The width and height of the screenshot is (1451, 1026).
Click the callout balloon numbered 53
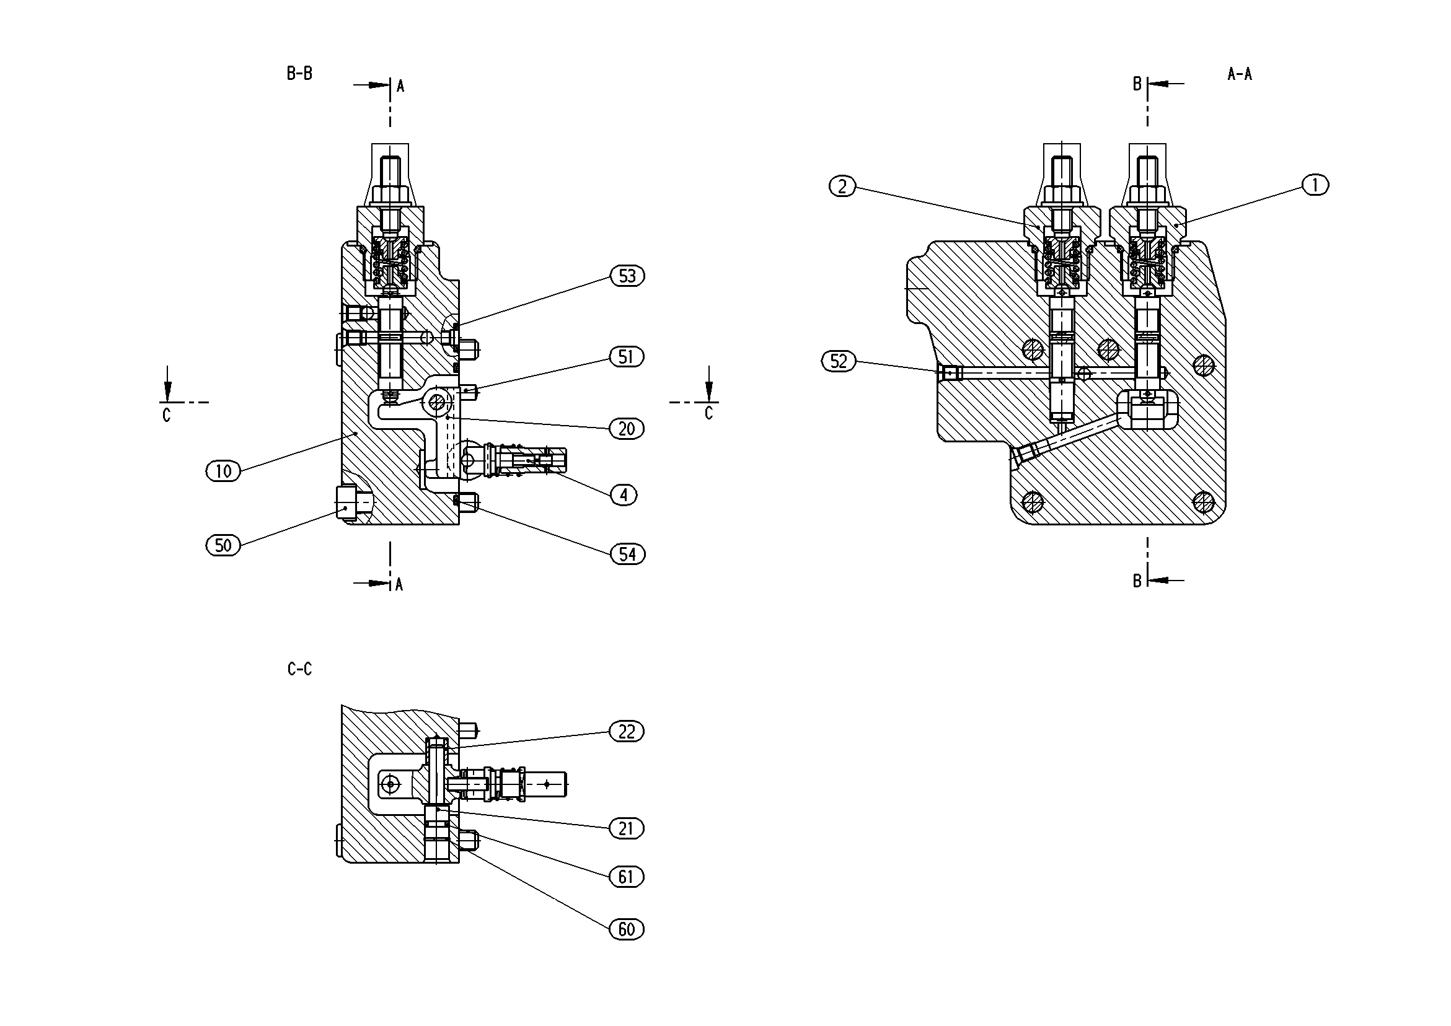pyautogui.click(x=627, y=276)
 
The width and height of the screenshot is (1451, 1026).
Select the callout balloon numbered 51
pyautogui.click(x=626, y=357)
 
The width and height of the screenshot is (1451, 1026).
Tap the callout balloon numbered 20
pyautogui.click(x=626, y=429)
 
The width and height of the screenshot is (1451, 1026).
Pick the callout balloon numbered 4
pyautogui.click(x=624, y=494)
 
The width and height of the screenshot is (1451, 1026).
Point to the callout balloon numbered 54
pyautogui.click(x=627, y=554)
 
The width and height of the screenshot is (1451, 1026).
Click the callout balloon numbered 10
pyautogui.click(x=224, y=471)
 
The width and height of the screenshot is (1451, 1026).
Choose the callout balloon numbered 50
pyautogui.click(x=224, y=545)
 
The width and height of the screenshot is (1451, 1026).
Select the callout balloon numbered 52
pyautogui.click(x=839, y=361)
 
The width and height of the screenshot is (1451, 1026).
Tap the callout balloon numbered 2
pyautogui.click(x=842, y=186)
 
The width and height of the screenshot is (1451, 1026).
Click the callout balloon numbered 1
pyautogui.click(x=1316, y=185)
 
